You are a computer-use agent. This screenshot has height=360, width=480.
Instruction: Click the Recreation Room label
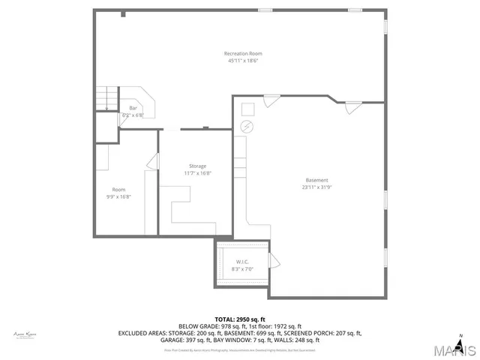(x=243, y=53)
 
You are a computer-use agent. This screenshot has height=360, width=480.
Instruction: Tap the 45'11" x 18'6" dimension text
(x=243, y=60)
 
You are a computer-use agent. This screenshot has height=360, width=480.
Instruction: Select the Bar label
(x=133, y=109)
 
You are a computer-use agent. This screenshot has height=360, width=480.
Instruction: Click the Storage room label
(x=197, y=166)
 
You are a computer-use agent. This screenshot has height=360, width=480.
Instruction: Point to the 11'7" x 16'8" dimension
(x=197, y=173)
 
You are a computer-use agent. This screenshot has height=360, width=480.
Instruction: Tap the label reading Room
(x=118, y=190)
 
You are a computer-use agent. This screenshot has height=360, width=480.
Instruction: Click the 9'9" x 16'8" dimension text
(x=118, y=196)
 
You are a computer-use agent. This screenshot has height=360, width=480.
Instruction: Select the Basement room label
(x=316, y=180)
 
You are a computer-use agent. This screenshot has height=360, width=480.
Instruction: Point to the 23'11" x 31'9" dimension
(x=316, y=187)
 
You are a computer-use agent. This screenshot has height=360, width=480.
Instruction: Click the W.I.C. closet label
(x=241, y=262)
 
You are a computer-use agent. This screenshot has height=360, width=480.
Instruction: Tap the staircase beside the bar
(x=107, y=99)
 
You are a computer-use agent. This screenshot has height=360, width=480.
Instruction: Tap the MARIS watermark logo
(x=451, y=350)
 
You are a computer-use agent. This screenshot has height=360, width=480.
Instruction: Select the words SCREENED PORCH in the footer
(x=317, y=333)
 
